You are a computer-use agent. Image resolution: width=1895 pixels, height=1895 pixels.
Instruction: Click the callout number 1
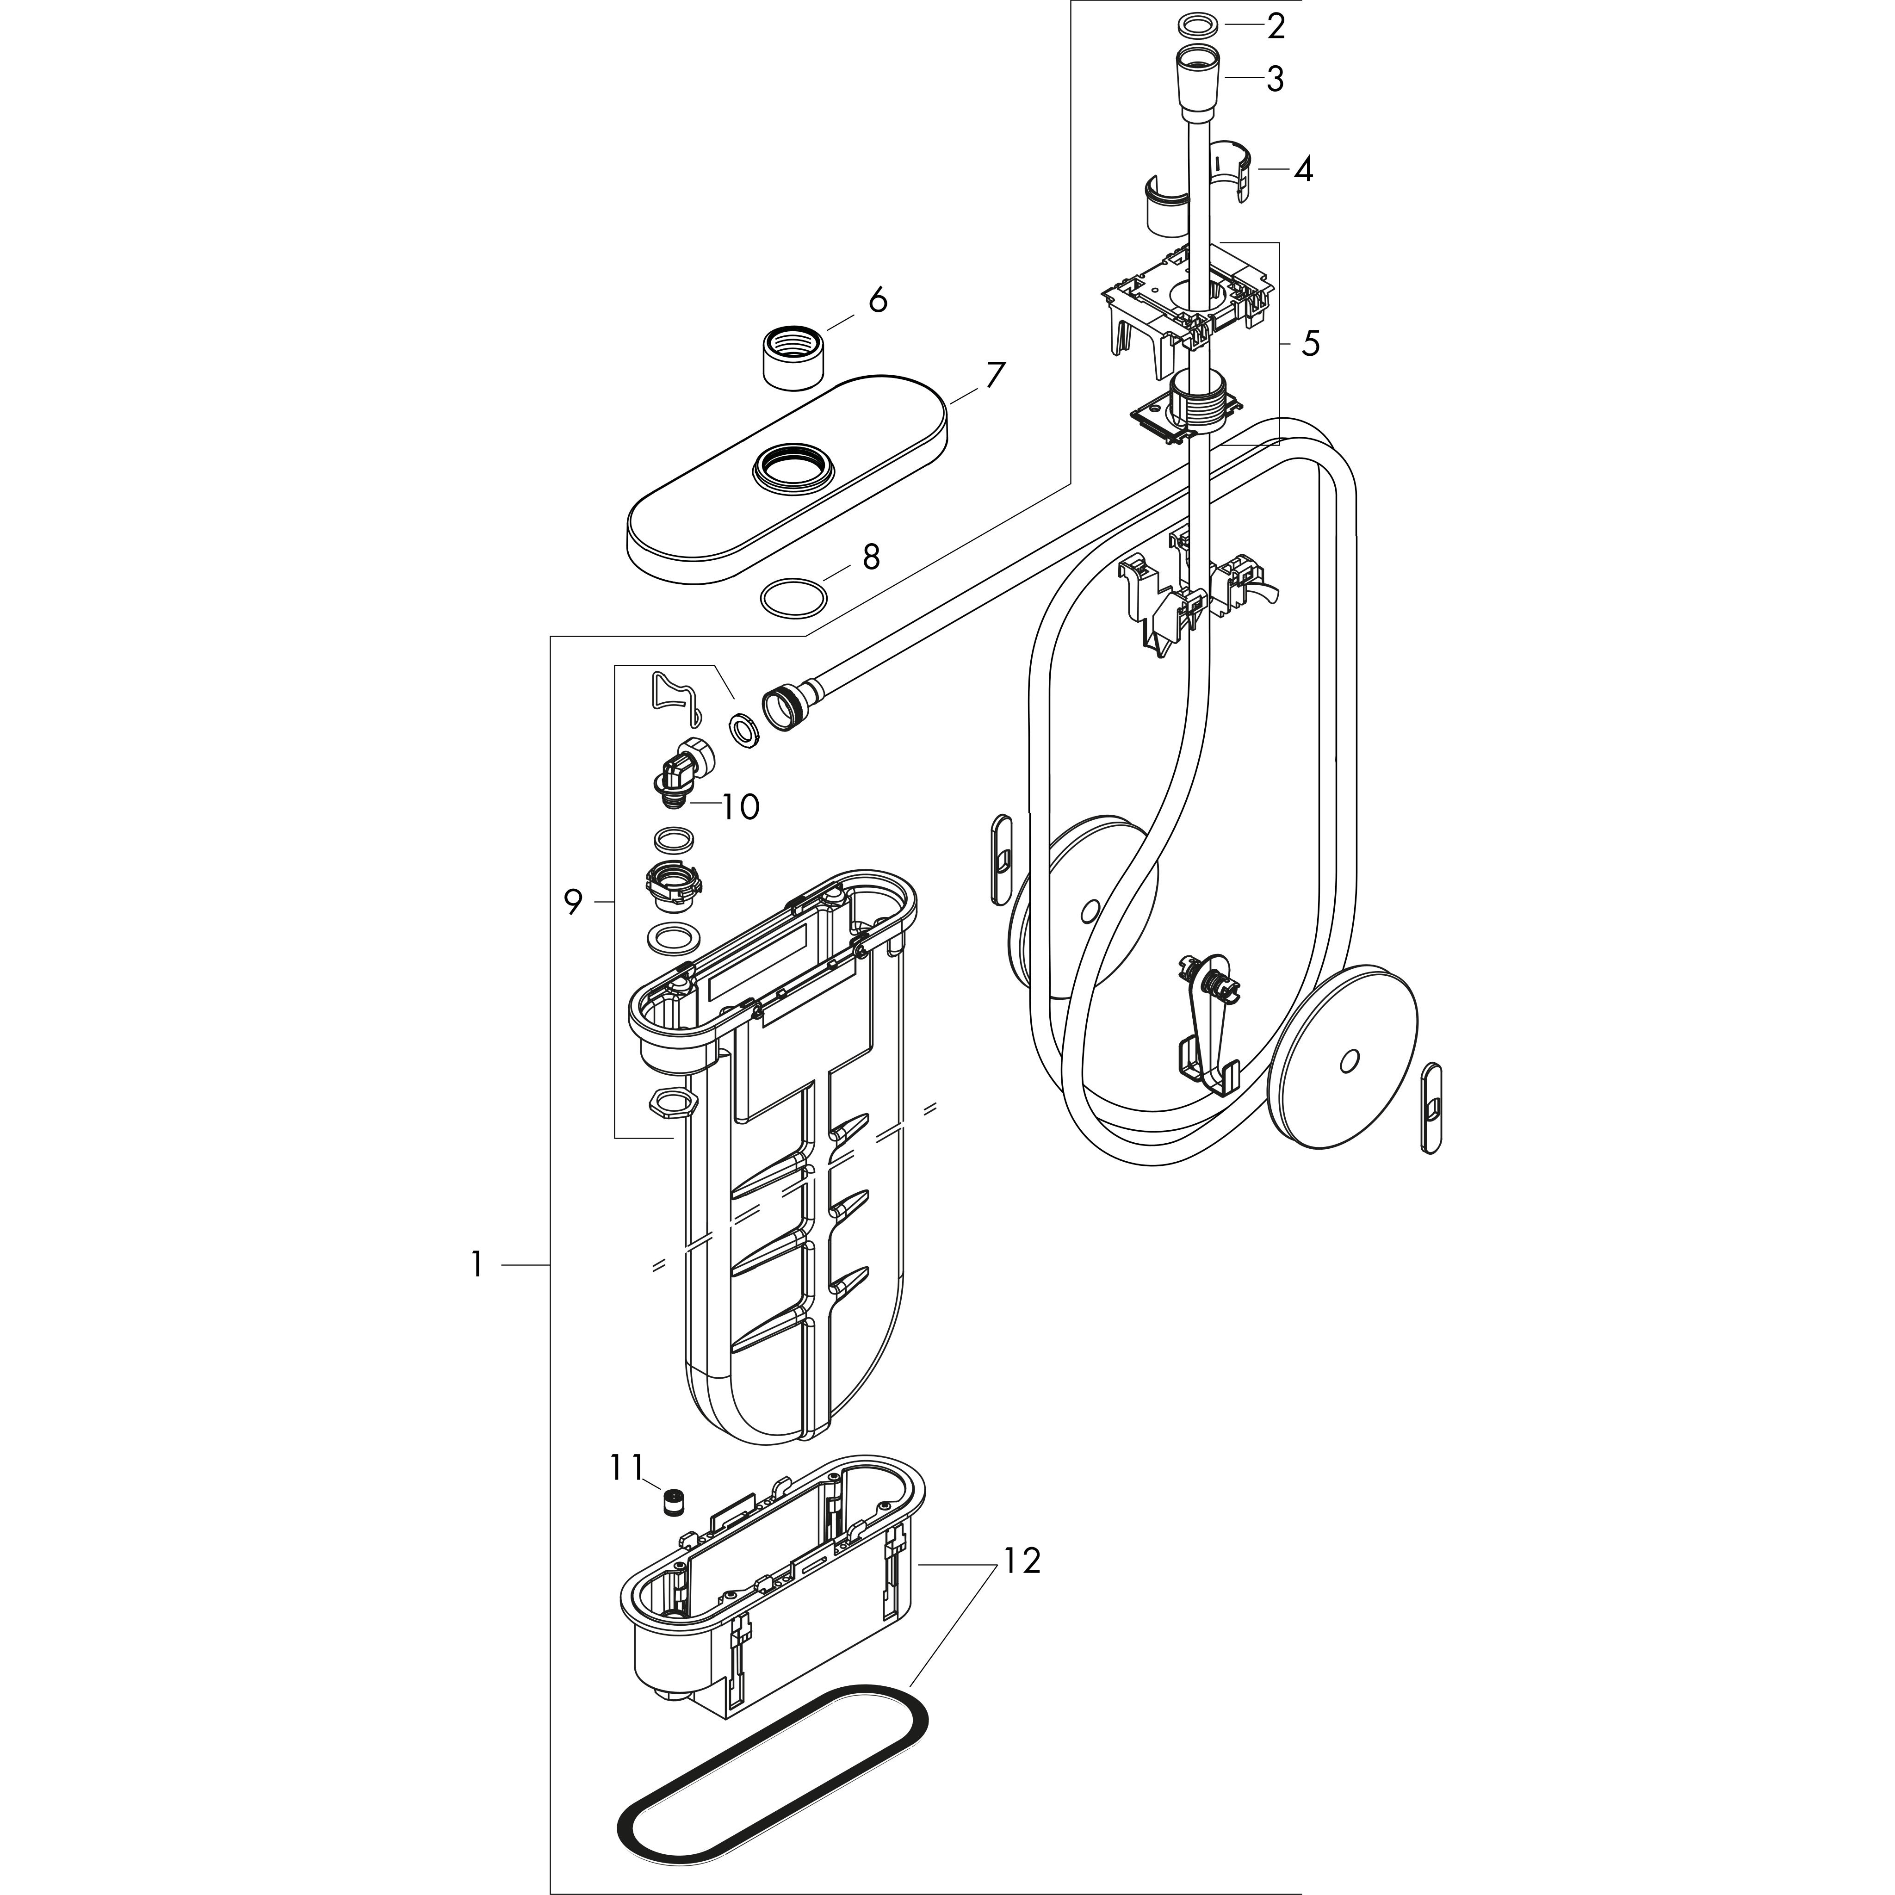click(477, 1265)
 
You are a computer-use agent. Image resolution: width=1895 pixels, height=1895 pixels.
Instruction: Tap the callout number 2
click(1275, 26)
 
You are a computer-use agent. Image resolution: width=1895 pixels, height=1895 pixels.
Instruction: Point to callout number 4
click(1302, 170)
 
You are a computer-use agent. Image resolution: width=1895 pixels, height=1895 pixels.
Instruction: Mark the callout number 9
click(573, 901)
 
